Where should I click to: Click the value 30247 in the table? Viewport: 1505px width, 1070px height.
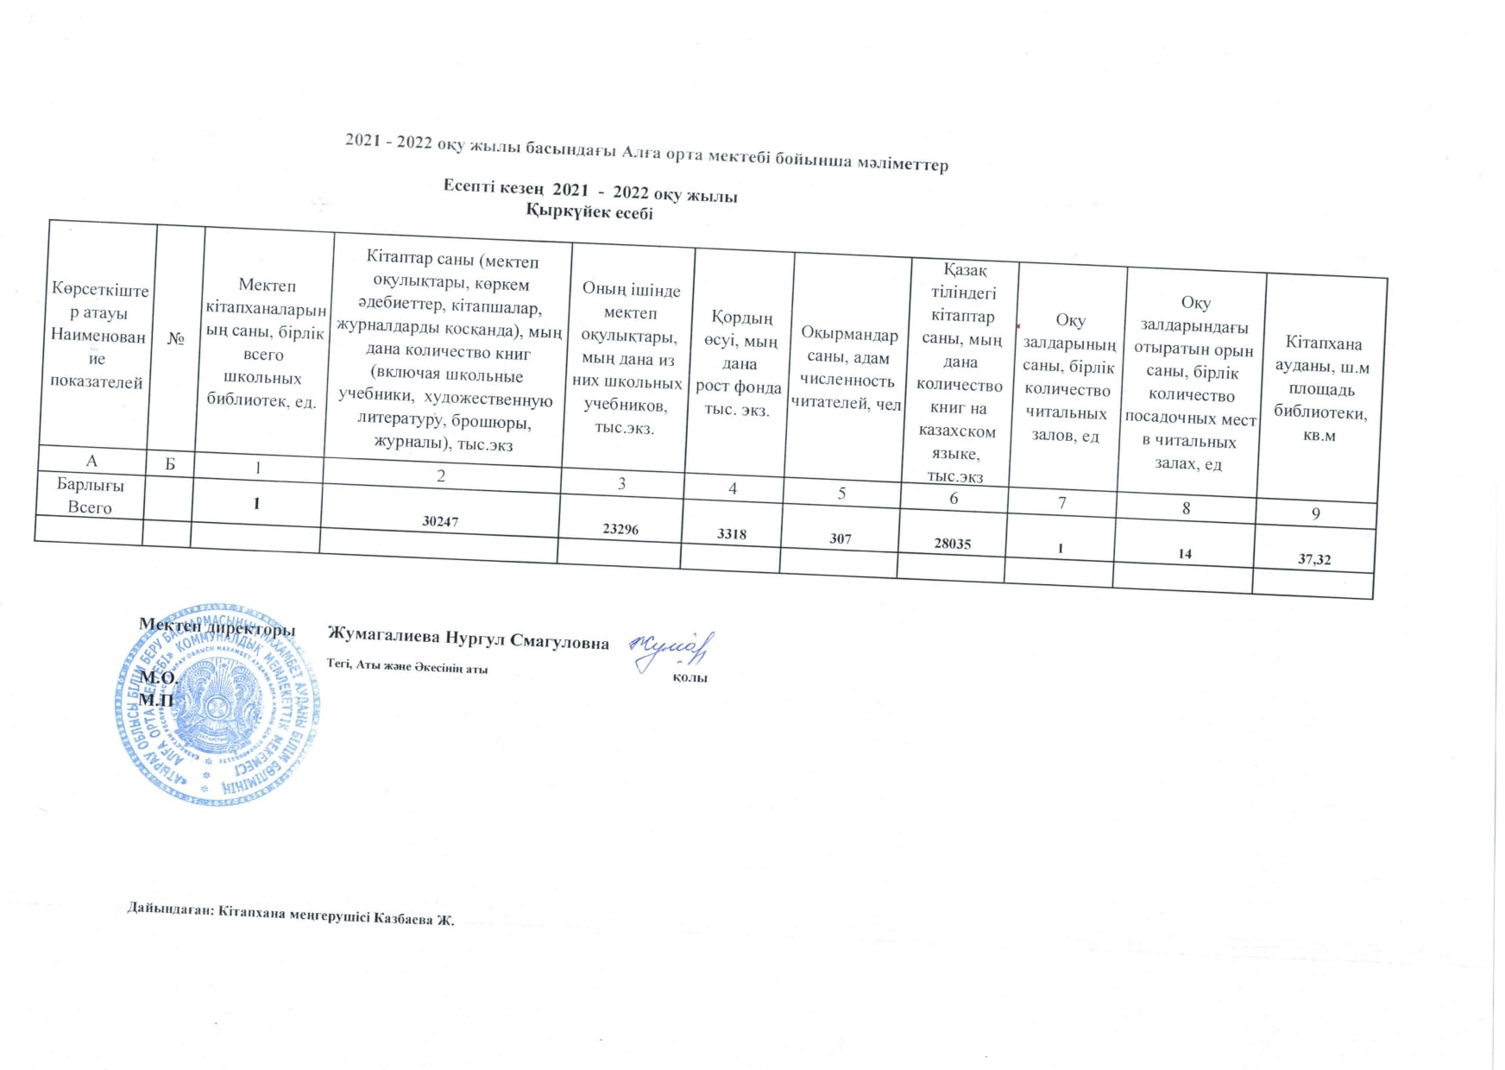440,521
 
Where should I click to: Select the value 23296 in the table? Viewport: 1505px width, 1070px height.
620,529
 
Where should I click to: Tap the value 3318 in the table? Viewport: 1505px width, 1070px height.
732,534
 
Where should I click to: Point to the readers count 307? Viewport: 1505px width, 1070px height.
841,538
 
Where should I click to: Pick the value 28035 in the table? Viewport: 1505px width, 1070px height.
953,544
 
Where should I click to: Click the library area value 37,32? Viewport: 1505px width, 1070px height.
1314,559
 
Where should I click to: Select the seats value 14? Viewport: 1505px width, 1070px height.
1185,553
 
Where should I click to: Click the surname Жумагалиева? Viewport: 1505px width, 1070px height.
384,639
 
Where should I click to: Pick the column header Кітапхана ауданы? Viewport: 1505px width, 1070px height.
1321,389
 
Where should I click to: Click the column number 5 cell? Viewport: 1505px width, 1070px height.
841,494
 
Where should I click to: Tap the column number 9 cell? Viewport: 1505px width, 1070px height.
1316,513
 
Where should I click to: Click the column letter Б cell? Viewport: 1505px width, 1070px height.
170,463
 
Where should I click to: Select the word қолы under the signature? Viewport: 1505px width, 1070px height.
690,678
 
